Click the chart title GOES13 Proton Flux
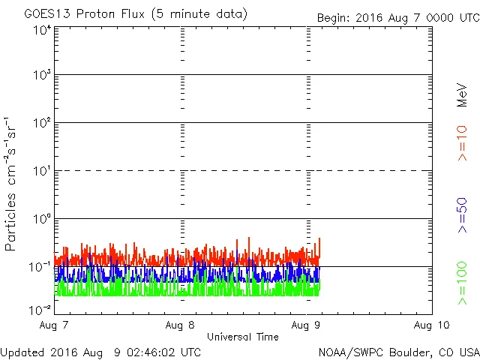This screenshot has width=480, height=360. pyautogui.click(x=136, y=14)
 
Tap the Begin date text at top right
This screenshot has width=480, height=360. pyautogui.click(x=397, y=17)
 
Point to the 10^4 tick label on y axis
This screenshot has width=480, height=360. pyautogui.click(x=42, y=30)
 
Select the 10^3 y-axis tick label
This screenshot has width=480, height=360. pyautogui.click(x=42, y=76)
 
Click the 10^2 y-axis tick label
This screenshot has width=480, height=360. pyautogui.click(x=42, y=123)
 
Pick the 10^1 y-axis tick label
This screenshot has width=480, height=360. pyautogui.click(x=42, y=171)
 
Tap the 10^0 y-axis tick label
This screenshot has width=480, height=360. pyautogui.click(x=42, y=219)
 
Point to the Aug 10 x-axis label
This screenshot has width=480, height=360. pyautogui.click(x=431, y=325)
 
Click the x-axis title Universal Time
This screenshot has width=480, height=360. pyautogui.click(x=243, y=337)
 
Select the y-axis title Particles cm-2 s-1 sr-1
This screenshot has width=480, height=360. pyautogui.click(x=12, y=183)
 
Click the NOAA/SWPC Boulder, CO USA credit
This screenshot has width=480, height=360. pyautogui.click(x=398, y=352)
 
